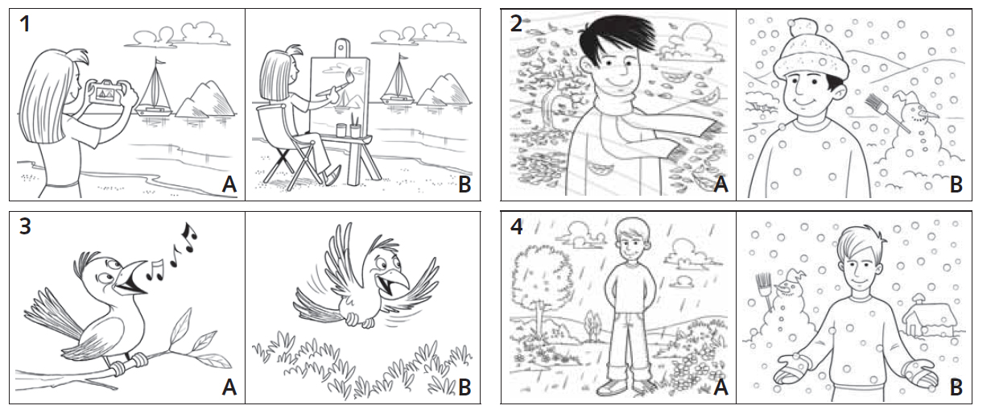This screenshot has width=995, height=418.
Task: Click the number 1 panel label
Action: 25,24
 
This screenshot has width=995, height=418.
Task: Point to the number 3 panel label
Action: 25,226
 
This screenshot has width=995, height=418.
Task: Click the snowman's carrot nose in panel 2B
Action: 931,115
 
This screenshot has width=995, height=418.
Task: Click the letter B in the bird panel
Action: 464,387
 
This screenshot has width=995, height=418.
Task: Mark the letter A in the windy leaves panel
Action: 720,184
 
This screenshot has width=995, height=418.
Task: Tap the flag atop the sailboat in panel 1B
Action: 403,57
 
